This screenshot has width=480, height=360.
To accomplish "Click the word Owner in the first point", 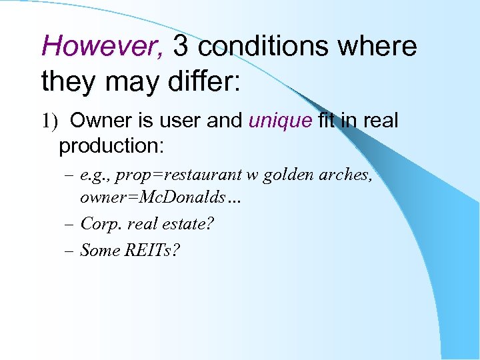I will (100, 121).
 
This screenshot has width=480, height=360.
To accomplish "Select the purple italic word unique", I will (280, 121).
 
